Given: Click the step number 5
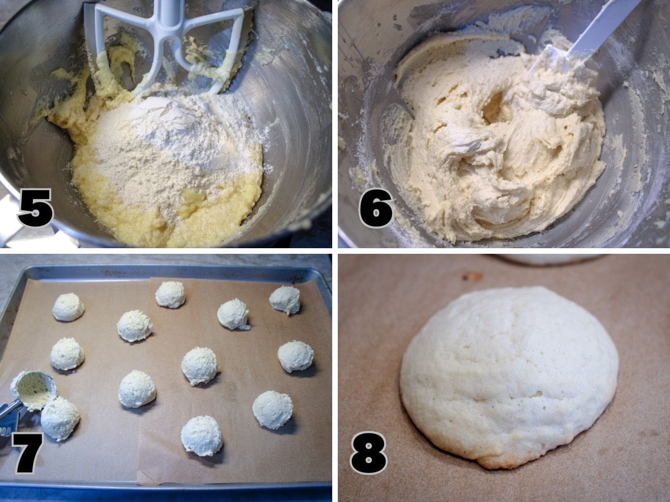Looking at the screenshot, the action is [36, 208].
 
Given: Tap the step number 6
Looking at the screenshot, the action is [376, 208].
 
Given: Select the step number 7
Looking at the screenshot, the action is [28, 453].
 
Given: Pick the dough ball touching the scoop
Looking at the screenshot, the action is [60, 418].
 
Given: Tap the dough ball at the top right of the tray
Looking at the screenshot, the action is [285, 300].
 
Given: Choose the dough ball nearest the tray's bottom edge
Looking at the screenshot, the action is [202, 436].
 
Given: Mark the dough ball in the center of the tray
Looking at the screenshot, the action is [199, 366].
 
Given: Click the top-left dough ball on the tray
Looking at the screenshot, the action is [68, 307].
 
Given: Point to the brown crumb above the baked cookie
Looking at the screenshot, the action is [472, 277].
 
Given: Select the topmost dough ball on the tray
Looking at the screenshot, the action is [170, 295].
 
